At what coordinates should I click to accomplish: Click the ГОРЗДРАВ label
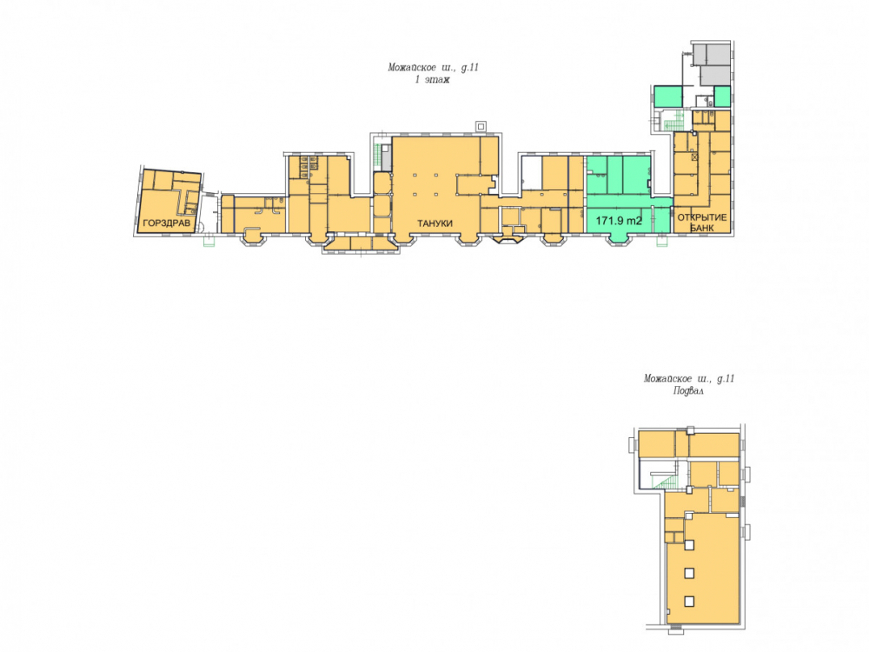click(166, 223)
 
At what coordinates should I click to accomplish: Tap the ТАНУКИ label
click(435, 223)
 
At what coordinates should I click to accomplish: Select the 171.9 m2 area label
click(619, 221)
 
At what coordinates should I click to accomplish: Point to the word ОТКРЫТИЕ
click(701, 217)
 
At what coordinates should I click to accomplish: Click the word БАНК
click(701, 227)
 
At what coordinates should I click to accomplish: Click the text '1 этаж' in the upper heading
click(432, 80)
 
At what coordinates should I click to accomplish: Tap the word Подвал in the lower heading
click(688, 391)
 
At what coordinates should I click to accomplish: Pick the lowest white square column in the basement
click(689, 601)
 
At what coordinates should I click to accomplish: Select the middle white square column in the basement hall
click(689, 573)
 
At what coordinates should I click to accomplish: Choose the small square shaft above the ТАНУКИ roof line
click(481, 126)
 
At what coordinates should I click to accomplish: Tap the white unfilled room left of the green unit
click(531, 172)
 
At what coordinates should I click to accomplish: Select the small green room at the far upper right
click(721, 96)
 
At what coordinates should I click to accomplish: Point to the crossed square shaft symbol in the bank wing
click(694, 157)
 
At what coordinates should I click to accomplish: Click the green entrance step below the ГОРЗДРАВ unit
click(209, 241)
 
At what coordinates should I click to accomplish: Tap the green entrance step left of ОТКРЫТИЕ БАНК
click(661, 241)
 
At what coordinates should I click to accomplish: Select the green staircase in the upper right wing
click(674, 120)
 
